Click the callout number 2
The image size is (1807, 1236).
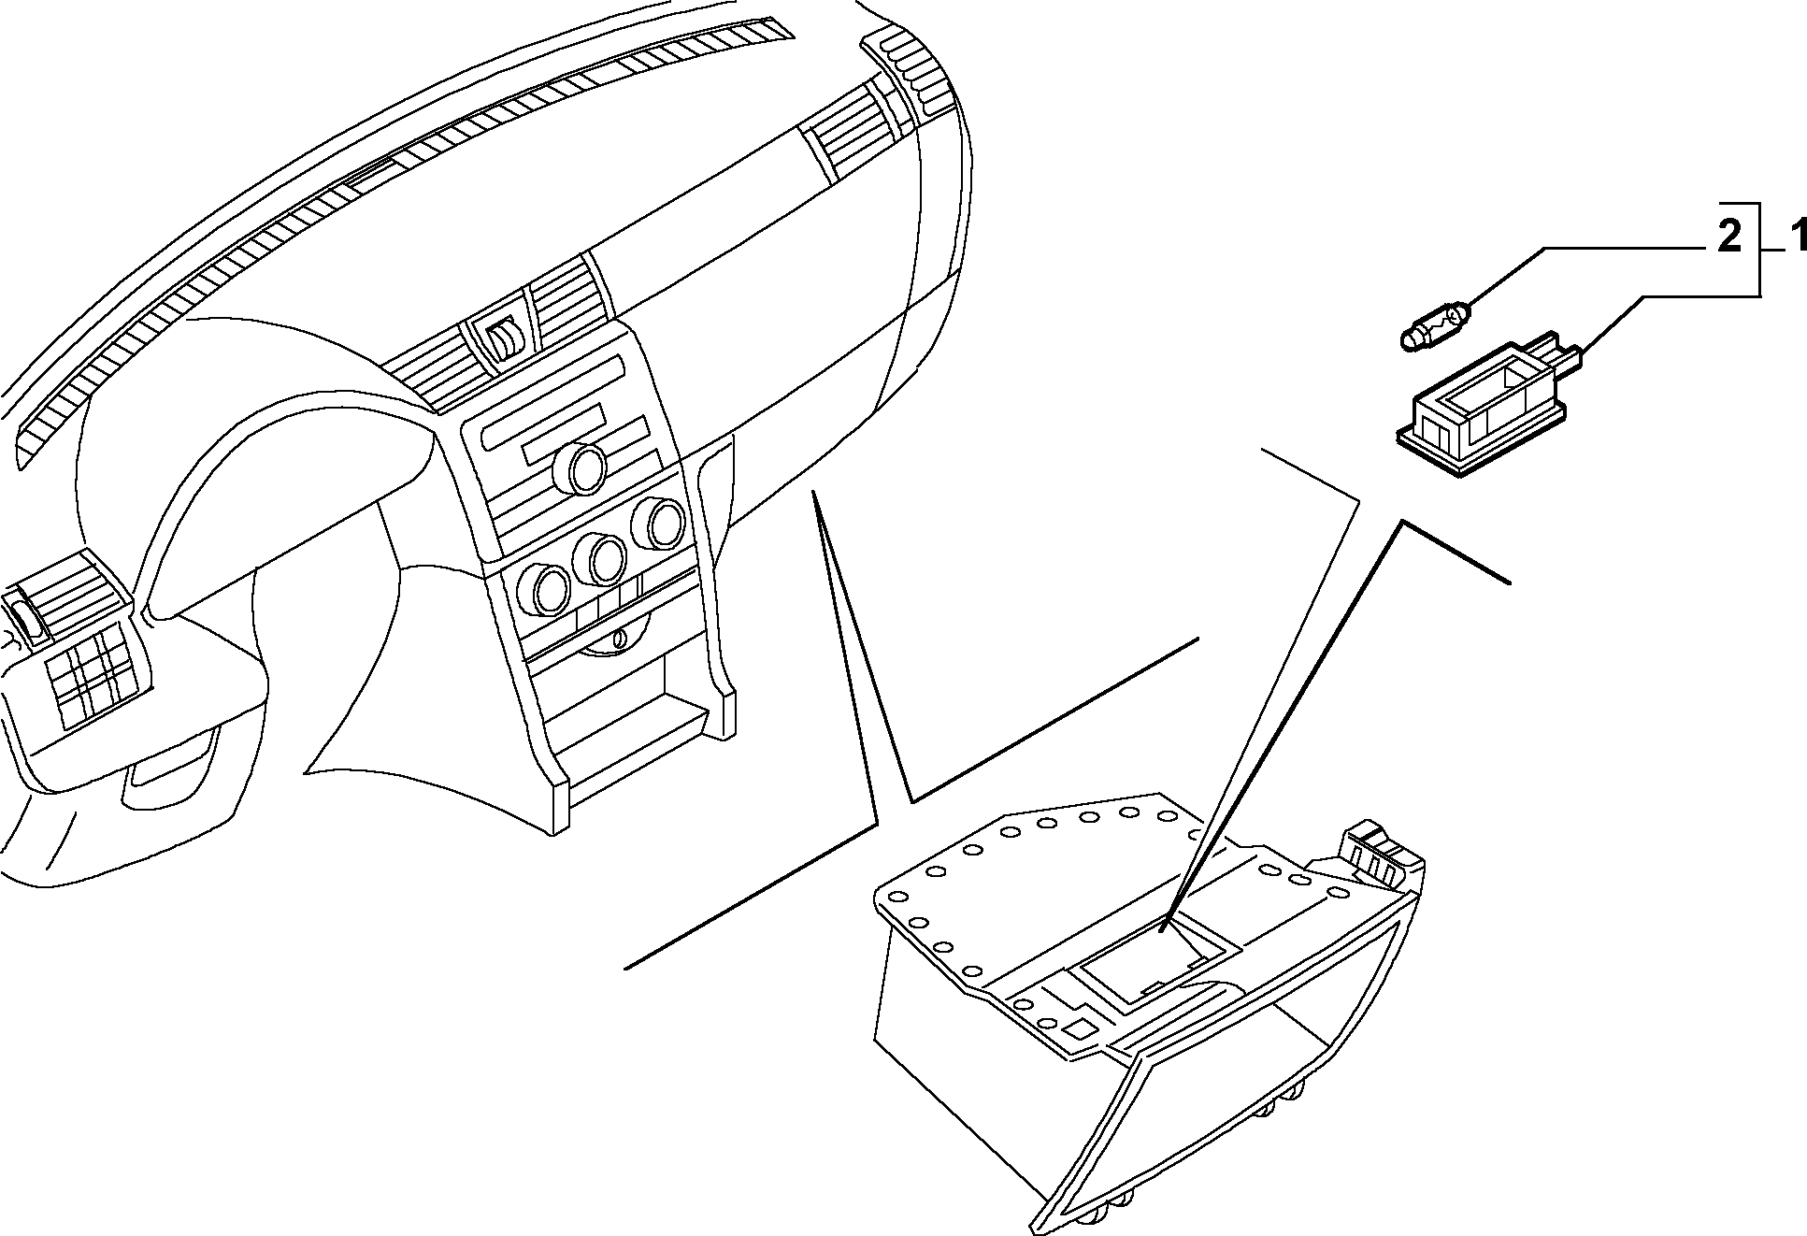click(x=1728, y=237)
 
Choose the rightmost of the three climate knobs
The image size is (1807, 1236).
click(x=659, y=524)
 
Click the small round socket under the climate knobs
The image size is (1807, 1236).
click(x=618, y=640)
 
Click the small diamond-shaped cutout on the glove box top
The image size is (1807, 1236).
click(x=1081, y=1027)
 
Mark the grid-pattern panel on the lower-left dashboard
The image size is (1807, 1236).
click(x=89, y=672)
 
